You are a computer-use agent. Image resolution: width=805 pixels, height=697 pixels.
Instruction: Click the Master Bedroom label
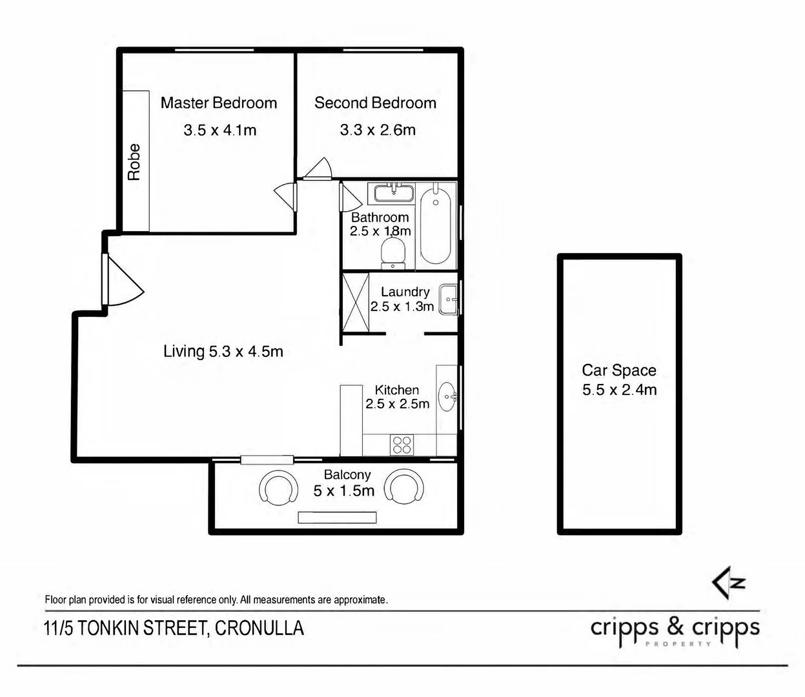[218, 103]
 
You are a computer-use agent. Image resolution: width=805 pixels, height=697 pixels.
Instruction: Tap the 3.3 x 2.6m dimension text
[378, 130]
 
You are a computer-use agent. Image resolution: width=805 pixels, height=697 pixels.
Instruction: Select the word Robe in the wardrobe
[134, 162]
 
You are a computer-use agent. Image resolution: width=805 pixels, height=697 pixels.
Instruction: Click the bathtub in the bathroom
[435, 226]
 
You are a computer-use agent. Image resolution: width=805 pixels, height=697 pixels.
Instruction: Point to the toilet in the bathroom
[392, 253]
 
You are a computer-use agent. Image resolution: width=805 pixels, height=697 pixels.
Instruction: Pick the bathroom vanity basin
[394, 193]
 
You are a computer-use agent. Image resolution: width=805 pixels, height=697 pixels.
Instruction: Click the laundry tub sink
[448, 299]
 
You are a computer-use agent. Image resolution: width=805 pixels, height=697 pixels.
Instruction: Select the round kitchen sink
[447, 396]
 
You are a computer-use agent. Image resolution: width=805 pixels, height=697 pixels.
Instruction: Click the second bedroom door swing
[318, 169]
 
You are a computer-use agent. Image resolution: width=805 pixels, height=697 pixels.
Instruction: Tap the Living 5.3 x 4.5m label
[223, 352]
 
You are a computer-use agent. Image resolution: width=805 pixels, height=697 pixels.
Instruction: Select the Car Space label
[619, 370]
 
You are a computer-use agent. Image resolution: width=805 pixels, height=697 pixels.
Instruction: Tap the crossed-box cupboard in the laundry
[356, 303]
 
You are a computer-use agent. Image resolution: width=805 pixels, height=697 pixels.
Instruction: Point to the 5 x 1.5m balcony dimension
[344, 491]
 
